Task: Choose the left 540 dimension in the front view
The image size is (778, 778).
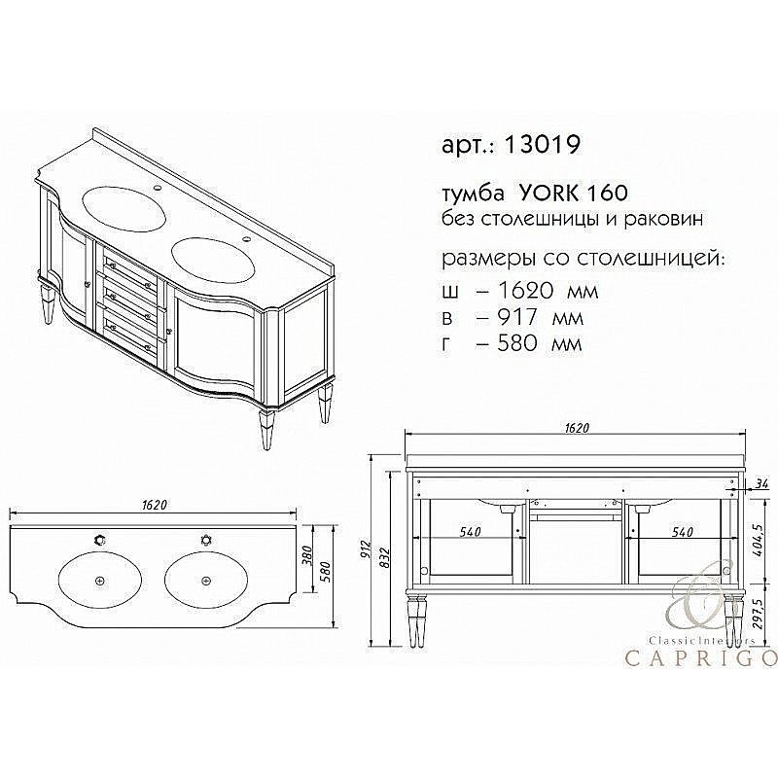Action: tap(472, 533)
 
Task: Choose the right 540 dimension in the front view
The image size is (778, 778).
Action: tap(681, 533)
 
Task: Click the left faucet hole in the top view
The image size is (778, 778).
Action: tap(98, 539)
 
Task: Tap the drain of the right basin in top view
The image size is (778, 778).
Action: tap(205, 581)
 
